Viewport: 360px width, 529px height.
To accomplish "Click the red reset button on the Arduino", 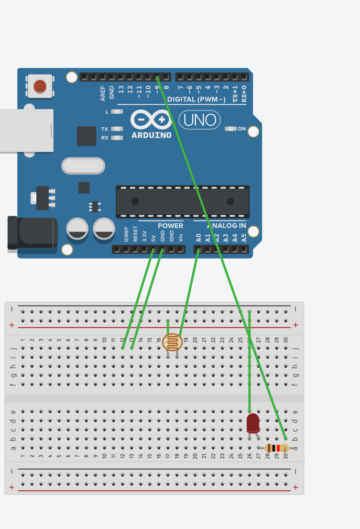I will tap(40, 86).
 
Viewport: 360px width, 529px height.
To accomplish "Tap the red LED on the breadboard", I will tap(253, 423).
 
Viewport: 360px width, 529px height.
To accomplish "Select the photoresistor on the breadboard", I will tap(172, 342).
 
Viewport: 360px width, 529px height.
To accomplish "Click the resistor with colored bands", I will tap(277, 448).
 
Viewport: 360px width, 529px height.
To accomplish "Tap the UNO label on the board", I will tap(199, 120).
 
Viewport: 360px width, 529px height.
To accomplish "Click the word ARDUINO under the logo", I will tap(151, 135).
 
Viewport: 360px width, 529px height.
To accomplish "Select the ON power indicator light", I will tap(230, 129).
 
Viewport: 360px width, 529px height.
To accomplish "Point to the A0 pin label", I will tap(198, 237).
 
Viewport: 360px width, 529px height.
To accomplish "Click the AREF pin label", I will tap(103, 93).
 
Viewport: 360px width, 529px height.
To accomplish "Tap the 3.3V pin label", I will tap(144, 237).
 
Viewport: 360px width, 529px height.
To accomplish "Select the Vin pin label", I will tap(181, 237).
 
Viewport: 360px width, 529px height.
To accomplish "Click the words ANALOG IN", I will tap(226, 226).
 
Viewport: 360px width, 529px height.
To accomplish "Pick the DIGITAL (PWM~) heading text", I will tap(196, 99).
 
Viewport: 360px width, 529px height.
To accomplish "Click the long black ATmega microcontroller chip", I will tap(183, 201).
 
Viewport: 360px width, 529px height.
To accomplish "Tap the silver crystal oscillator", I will tap(83, 166).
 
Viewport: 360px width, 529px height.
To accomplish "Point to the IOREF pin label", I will tap(126, 234).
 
